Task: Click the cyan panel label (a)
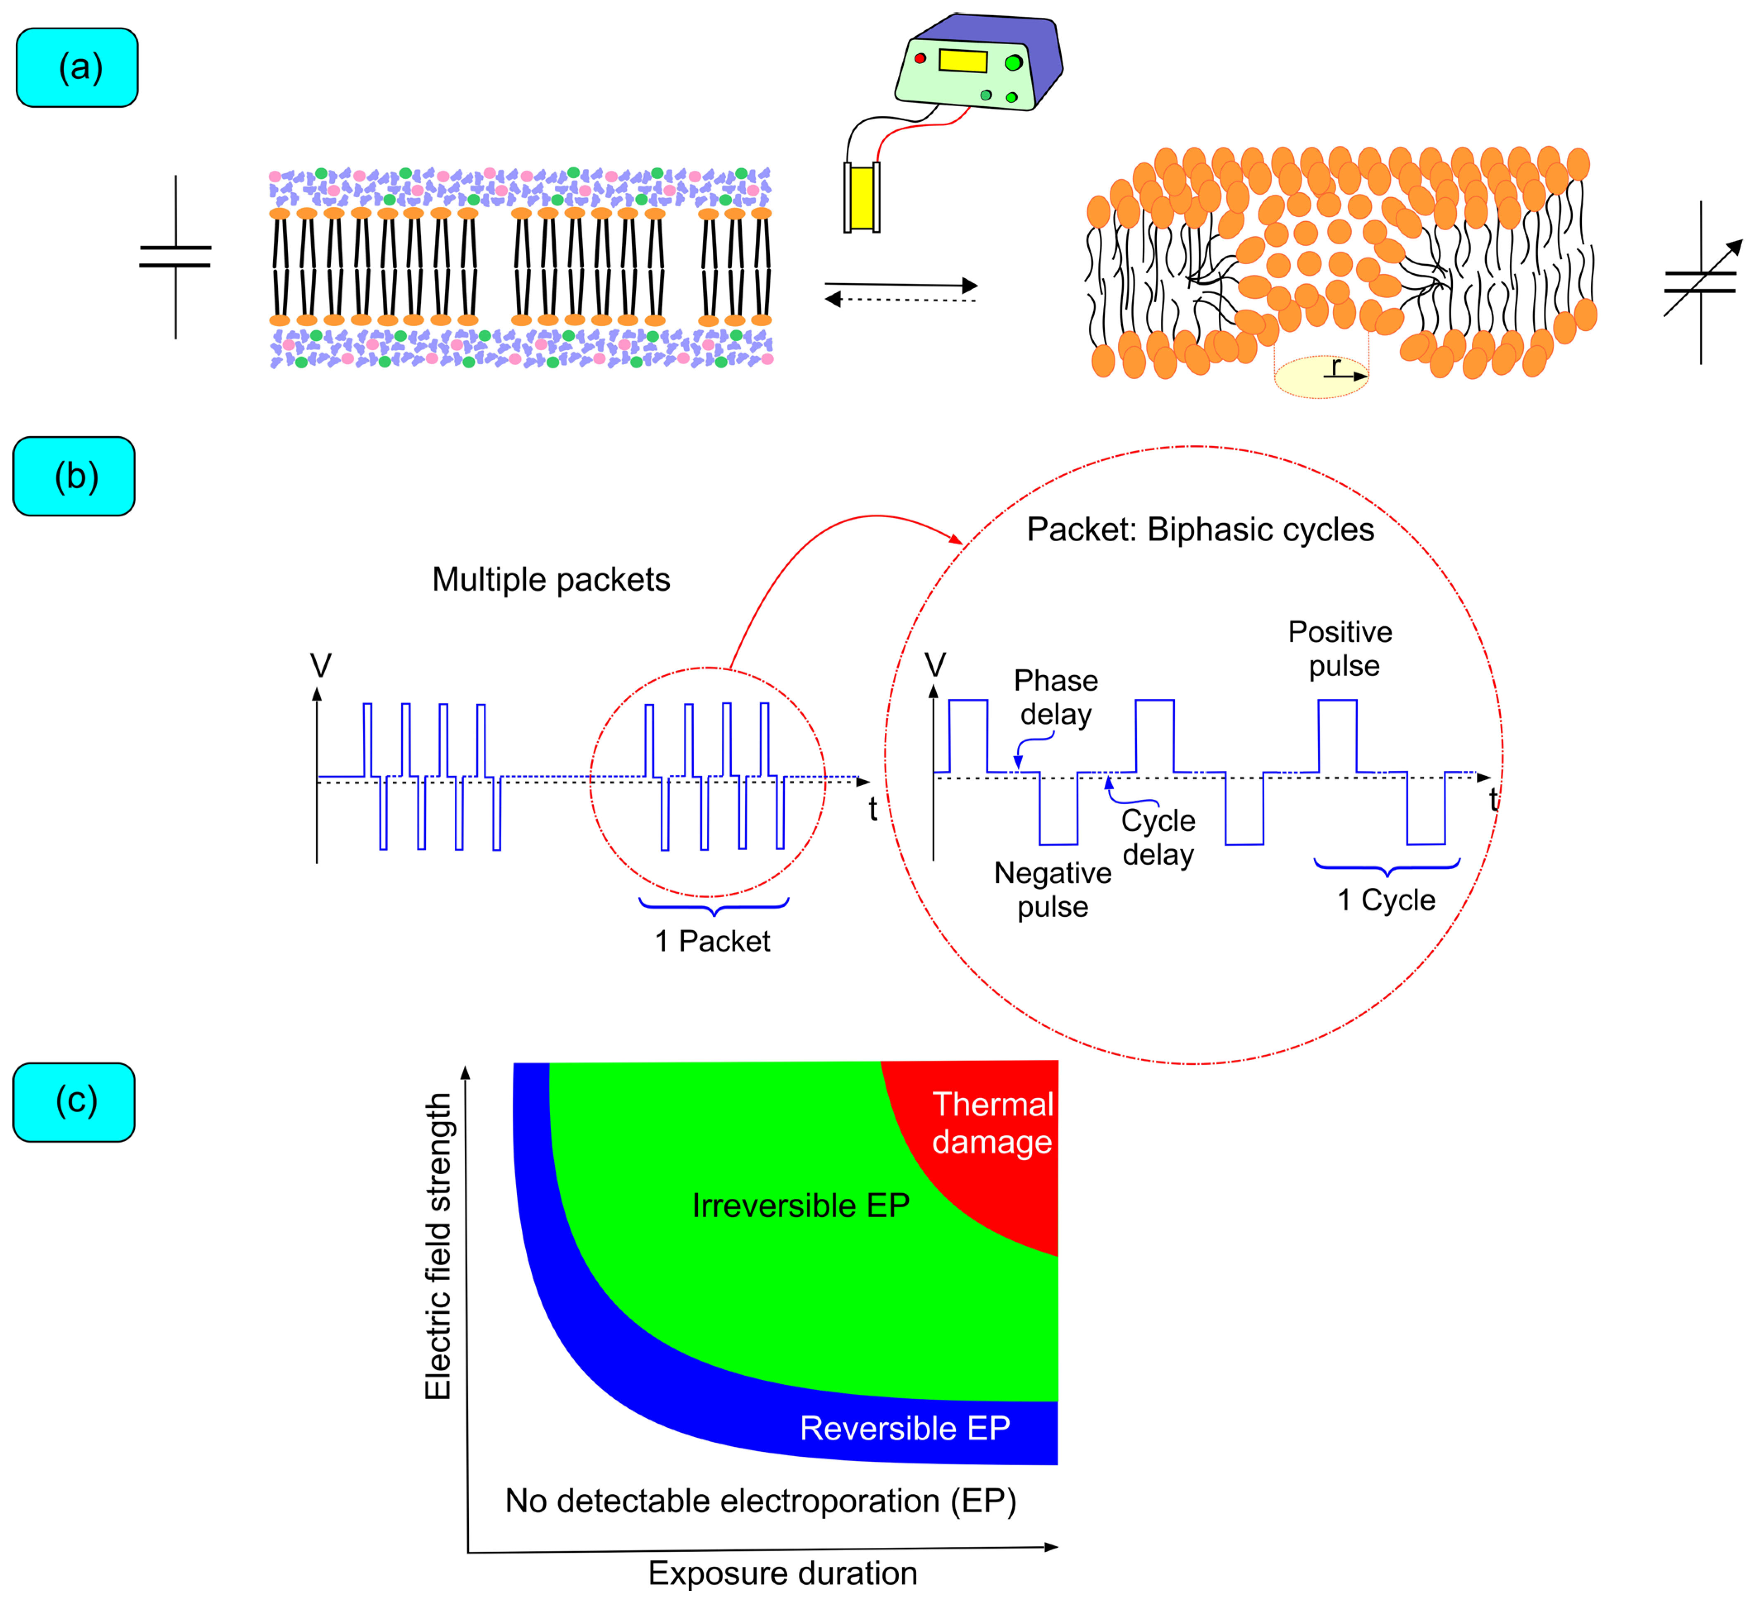coord(77,68)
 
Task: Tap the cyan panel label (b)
coord(75,476)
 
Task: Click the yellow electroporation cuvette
coord(861,198)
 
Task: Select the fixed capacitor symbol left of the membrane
coord(176,256)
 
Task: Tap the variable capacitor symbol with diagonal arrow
coord(1700,282)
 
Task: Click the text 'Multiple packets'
coord(551,580)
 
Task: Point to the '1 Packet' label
coord(712,941)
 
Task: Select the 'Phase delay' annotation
coord(1056,697)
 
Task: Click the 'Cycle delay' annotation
coord(1158,837)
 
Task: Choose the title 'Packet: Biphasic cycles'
coord(1200,529)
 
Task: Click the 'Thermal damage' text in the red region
coord(992,1123)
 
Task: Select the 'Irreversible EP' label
coord(800,1205)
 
